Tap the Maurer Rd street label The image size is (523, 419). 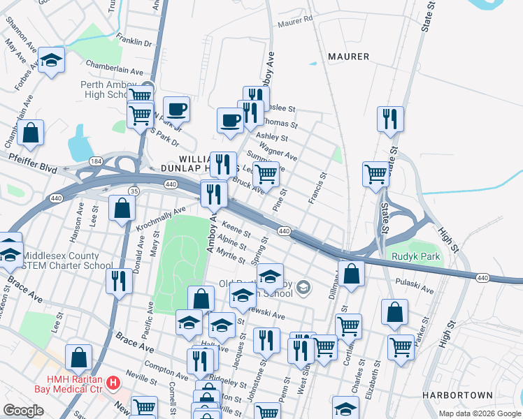pos(294,22)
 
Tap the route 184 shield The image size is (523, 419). pos(95,163)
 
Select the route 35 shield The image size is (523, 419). pos(134,191)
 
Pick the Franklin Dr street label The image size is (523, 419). pos(134,42)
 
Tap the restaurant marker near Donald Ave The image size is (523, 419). pos(120,281)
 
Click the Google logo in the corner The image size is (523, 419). pos(23,411)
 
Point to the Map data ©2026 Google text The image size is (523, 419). pos(479,413)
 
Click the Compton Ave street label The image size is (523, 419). pos(166,370)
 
